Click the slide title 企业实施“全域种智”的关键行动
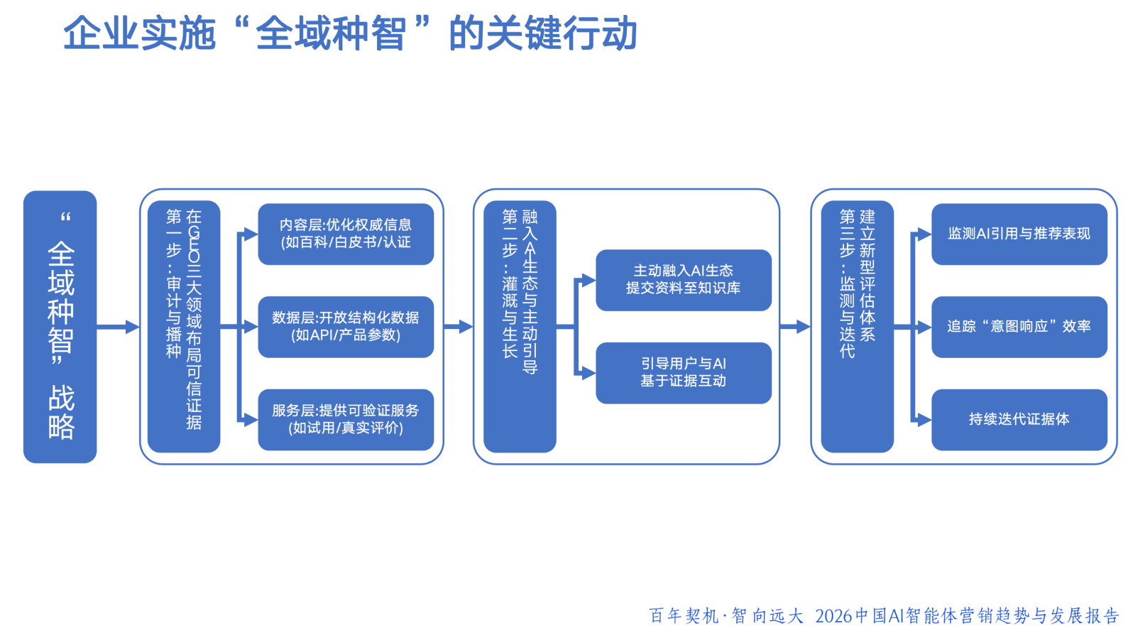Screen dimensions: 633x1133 351,33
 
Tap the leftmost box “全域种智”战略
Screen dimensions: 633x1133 60,327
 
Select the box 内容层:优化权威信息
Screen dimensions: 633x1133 346,234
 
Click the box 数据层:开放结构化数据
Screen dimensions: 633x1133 346,327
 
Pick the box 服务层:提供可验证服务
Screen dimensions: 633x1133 346,419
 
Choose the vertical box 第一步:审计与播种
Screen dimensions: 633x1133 184,327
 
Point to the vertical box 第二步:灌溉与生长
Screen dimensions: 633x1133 520,327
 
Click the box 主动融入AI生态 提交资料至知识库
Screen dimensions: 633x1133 683,280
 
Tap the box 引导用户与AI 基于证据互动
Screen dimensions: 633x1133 683,373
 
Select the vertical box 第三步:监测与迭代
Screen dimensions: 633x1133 857,327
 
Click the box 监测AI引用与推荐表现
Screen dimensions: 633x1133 1019,234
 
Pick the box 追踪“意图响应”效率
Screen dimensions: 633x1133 1019,327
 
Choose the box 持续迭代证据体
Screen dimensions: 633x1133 1019,419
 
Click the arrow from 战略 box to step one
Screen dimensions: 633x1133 118,327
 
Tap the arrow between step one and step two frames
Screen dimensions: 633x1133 459,327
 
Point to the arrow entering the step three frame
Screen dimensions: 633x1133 795,327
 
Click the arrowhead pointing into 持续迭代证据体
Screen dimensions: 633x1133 924,420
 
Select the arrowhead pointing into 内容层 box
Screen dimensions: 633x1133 250,234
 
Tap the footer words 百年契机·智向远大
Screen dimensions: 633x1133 726,616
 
